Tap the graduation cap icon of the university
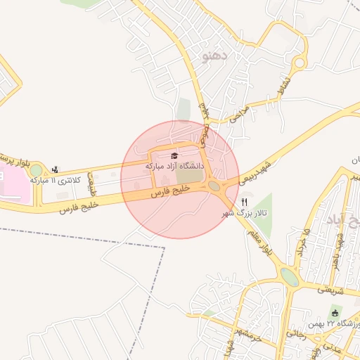[174, 155]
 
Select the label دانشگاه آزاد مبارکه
[174, 167]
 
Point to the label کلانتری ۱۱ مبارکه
[56, 181]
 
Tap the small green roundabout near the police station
[36, 171]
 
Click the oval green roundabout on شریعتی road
[289, 276]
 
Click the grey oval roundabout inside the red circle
[214, 186]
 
